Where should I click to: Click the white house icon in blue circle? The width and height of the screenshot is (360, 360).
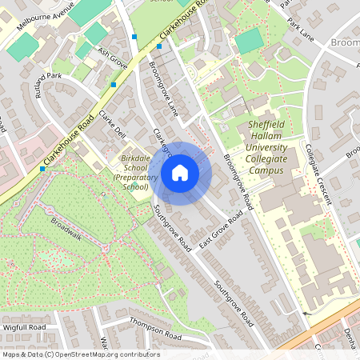180,172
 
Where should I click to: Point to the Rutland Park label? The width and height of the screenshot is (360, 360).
49,85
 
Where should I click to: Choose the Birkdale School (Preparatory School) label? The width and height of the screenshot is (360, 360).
130,172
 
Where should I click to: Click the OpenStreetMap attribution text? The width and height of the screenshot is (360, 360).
80,354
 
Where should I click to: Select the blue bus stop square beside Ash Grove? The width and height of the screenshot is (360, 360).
114,84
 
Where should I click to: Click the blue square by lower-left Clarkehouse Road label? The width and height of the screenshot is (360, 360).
42,169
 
